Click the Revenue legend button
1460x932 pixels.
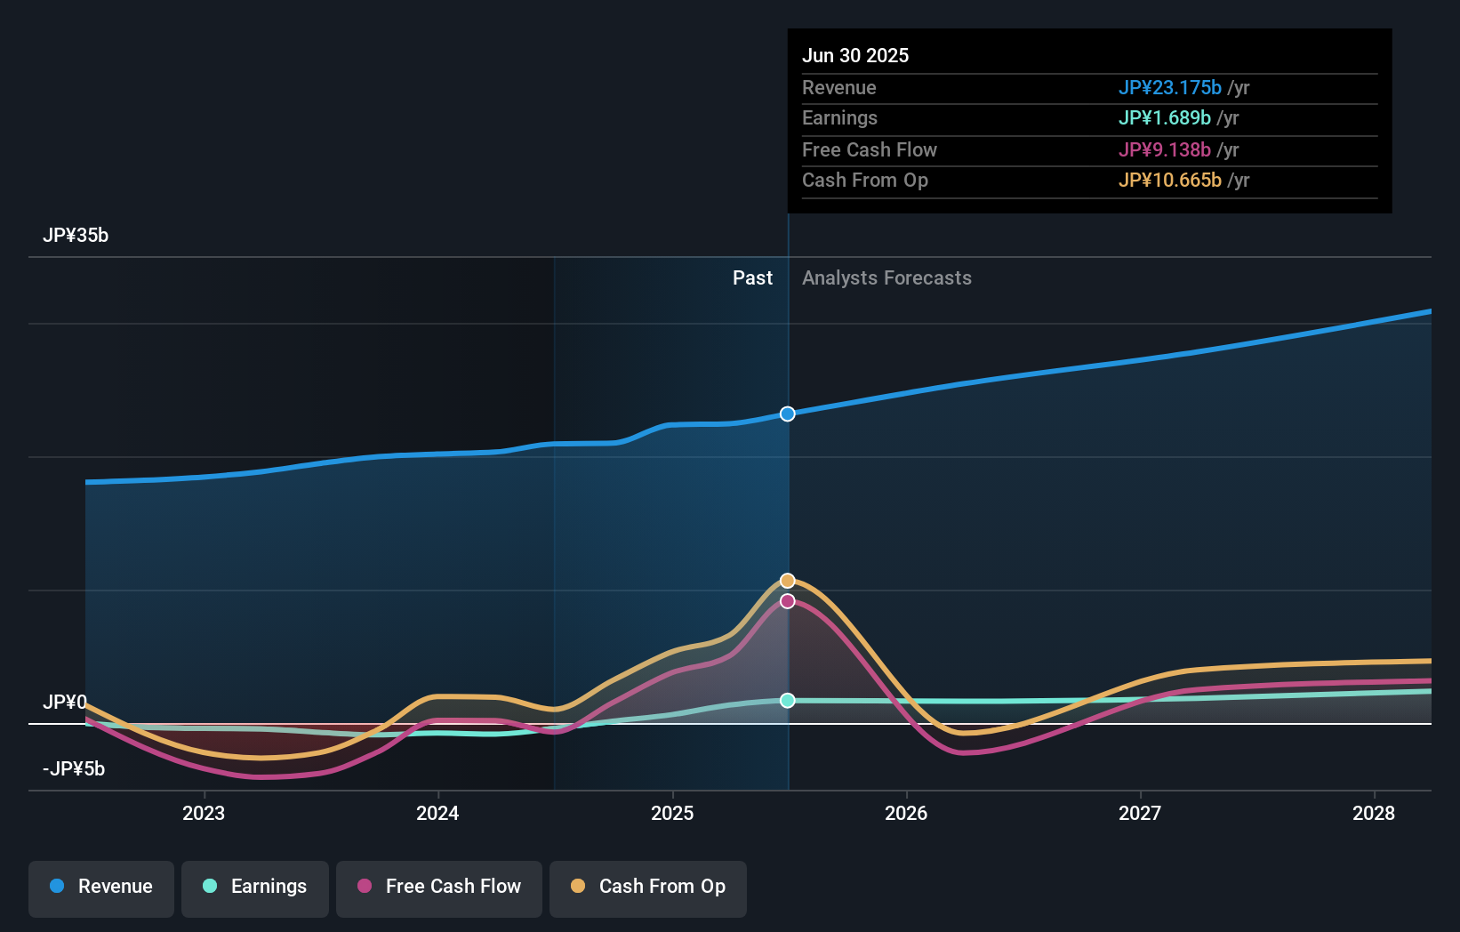click(101, 887)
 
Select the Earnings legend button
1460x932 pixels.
click(255, 887)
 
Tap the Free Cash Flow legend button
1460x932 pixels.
click(439, 887)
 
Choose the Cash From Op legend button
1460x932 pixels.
click(648, 887)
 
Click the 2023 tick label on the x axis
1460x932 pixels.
click(204, 813)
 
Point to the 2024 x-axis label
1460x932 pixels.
click(437, 813)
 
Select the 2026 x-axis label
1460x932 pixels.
click(906, 813)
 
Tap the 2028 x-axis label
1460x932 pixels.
click(1374, 813)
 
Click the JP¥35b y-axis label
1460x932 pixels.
click(76, 236)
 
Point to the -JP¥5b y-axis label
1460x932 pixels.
click(74, 769)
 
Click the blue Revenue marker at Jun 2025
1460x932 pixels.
click(788, 414)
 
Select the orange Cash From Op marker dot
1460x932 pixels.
click(788, 581)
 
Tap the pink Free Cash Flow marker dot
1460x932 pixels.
click(788, 601)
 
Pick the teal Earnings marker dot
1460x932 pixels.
click(788, 701)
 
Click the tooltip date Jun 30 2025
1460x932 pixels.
click(855, 56)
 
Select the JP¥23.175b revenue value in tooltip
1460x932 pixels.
click(1169, 88)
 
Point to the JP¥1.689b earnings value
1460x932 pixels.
click(1164, 118)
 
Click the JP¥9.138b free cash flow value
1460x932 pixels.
click(1164, 150)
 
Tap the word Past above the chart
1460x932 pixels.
click(752, 278)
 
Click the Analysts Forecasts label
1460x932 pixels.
click(886, 278)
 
